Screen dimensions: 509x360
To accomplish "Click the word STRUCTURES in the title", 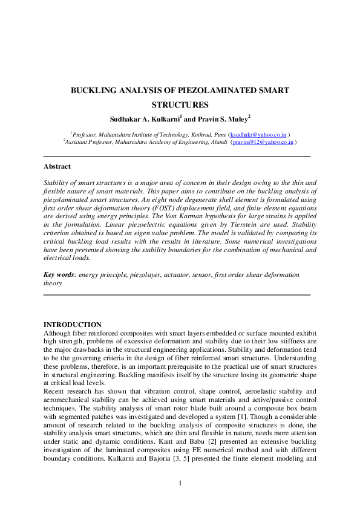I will click(180, 105).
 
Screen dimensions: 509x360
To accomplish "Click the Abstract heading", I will click(57, 166).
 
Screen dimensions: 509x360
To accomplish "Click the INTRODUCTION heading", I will click(73, 325).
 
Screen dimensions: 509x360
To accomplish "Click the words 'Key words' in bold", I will click(58, 274).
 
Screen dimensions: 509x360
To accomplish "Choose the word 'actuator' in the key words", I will click(183, 274).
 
